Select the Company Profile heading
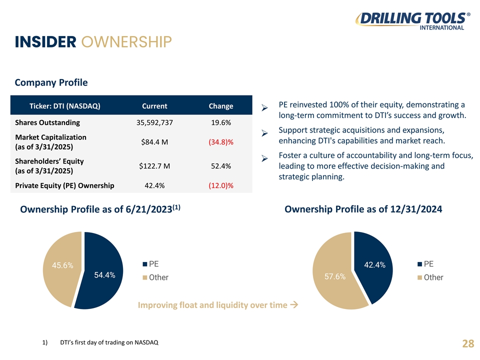coord(51,82)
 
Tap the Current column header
coord(154,106)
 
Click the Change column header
coord(221,106)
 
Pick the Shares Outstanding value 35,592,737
coord(154,122)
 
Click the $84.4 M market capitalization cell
coord(154,142)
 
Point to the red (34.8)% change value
coord(221,142)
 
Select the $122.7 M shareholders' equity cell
coord(154,166)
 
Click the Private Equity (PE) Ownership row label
coord(65,186)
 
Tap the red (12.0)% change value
coord(221,186)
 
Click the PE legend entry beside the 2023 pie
coord(151,264)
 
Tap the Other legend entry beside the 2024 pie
coord(430,277)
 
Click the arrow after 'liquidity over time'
coord(294,305)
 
